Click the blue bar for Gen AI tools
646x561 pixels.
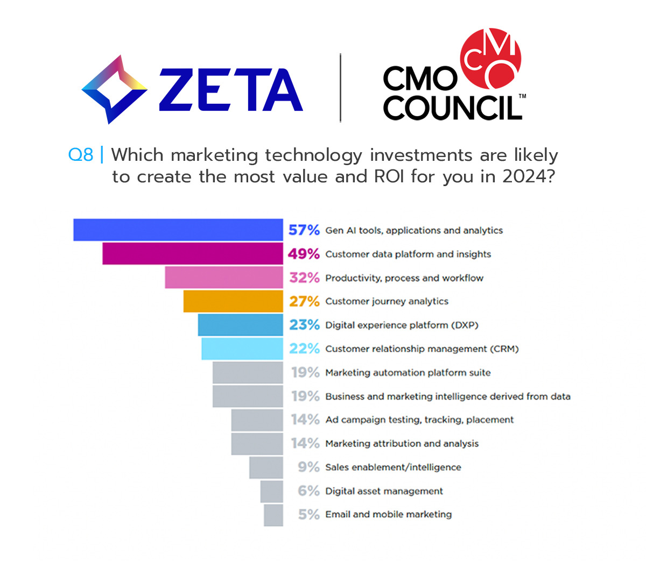(178, 230)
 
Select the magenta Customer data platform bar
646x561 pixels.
(192, 253)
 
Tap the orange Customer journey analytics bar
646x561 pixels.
(233, 301)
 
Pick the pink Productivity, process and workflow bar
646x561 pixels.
(223, 278)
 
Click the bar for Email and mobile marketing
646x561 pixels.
(273, 515)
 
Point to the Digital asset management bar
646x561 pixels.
(272, 491)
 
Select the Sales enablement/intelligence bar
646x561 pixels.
(266, 467)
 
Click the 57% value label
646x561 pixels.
(304, 230)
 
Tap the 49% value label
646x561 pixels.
(304, 254)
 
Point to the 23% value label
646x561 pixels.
(304, 325)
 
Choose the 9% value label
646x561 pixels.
(308, 467)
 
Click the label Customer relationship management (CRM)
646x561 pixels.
(422, 349)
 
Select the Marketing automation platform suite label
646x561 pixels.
(408, 373)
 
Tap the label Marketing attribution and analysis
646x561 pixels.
(402, 444)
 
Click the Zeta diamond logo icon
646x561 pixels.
(114, 89)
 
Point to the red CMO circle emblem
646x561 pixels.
(491, 58)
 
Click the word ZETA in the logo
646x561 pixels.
(231, 90)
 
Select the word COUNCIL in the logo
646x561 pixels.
(452, 108)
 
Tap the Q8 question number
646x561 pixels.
(80, 155)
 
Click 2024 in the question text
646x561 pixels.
(527, 176)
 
